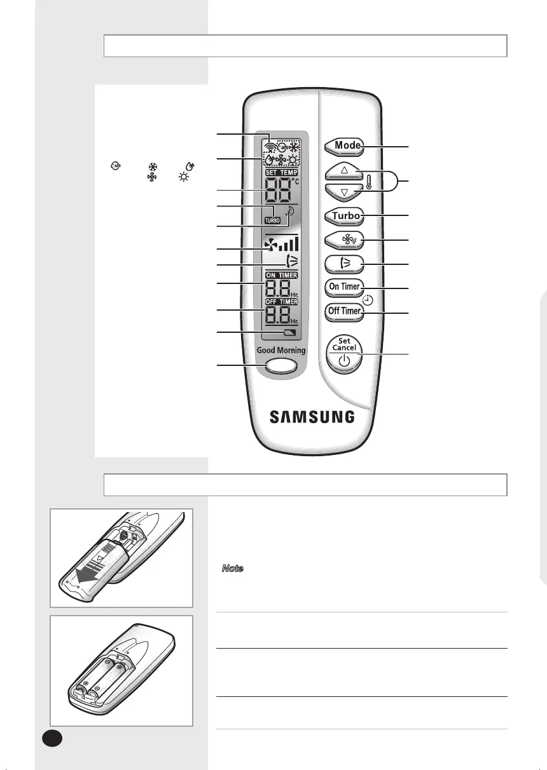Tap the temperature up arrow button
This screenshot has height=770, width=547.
[x=344, y=170]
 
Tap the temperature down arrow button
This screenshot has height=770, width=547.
[x=344, y=192]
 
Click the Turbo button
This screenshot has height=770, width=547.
[x=344, y=216]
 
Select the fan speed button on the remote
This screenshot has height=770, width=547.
[x=344, y=240]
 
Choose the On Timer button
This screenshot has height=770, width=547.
[x=344, y=287]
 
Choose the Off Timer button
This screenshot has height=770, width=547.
[x=344, y=312]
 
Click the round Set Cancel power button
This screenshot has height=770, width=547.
[x=344, y=355]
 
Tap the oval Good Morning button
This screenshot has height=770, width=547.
[x=281, y=367]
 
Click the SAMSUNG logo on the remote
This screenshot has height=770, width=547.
[x=312, y=417]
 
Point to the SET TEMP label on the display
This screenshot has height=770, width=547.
[x=282, y=173]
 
